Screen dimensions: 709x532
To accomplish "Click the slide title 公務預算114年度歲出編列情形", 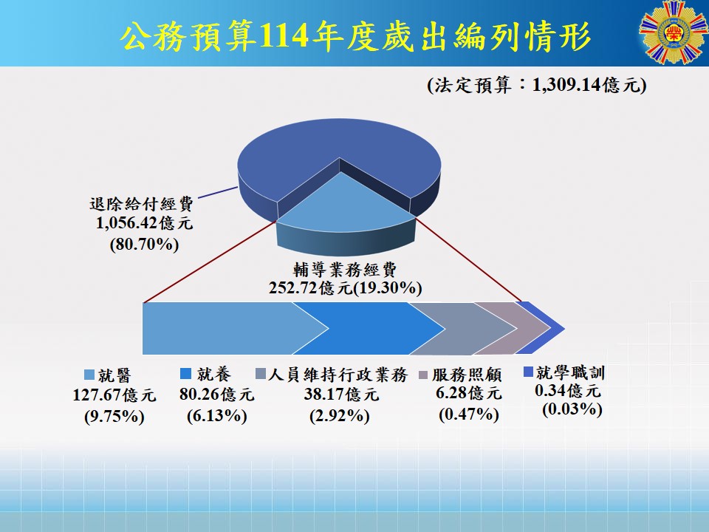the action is coord(356,36).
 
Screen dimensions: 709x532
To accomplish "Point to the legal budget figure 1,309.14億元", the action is coord(586,84).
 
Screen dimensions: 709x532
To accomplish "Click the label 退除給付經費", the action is coord(141,204).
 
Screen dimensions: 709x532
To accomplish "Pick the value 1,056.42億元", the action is coord(144,223).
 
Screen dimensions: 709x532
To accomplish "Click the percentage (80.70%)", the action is coord(144,245).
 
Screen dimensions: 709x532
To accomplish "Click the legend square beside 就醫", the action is coord(89,375).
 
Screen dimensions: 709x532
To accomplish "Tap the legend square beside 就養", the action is coord(185,373).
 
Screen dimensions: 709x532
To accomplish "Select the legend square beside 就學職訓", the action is coord(528,372).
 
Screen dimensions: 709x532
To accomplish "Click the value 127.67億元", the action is coord(114,395).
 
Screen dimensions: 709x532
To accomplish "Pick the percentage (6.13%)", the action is coord(217,416).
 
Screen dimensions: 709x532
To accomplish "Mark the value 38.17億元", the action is coord(341,395).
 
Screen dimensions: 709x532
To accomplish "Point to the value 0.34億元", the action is coord(568,390).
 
